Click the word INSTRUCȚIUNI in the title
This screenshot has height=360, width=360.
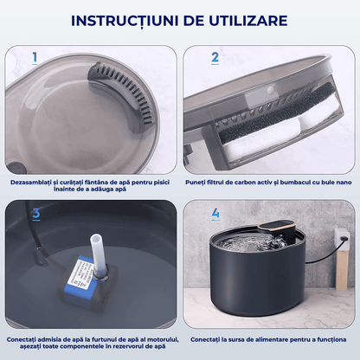(x=128, y=20)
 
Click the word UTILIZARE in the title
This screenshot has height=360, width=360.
(x=251, y=20)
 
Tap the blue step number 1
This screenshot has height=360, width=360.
(x=35, y=58)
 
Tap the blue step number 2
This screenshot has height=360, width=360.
(x=214, y=58)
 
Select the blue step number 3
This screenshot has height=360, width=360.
(x=35, y=213)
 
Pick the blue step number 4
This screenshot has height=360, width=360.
(x=215, y=213)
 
